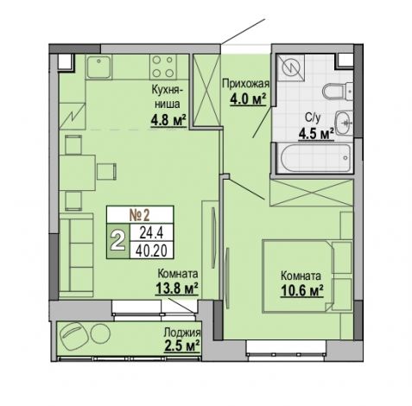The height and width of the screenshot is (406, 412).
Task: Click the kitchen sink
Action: [98, 67]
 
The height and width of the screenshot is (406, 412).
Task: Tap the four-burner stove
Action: [163, 67]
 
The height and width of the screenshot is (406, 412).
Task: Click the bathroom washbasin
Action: [344, 123]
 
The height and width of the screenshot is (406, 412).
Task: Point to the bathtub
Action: [315, 158]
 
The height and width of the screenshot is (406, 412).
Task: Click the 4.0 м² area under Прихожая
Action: [248, 99]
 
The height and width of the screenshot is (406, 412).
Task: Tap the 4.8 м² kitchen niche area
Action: [168, 120]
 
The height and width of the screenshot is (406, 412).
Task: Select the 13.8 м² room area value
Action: [177, 289]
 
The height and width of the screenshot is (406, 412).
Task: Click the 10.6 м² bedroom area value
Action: [302, 290]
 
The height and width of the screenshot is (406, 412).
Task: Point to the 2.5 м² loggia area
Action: [182, 346]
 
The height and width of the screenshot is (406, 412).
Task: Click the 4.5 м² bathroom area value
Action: [316, 134]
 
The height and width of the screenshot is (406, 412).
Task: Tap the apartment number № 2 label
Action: [140, 215]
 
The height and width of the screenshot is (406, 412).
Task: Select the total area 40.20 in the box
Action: [151, 251]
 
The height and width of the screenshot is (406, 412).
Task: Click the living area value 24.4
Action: [151, 232]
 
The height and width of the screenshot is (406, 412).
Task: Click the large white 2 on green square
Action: [118, 241]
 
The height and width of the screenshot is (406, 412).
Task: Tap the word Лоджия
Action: [182, 333]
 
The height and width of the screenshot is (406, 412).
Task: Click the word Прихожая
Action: [246, 84]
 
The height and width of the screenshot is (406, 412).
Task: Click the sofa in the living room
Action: [76, 255]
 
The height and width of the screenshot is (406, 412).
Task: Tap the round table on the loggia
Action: [100, 333]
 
